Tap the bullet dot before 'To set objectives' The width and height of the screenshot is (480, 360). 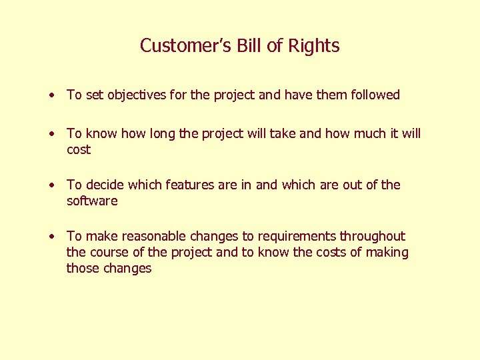tap(51, 95)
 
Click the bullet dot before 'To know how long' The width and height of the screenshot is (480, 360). tap(51, 134)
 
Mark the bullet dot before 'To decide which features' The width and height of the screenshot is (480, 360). tap(51, 185)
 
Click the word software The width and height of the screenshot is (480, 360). tap(92, 201)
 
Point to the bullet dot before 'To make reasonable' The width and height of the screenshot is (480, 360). tap(51, 237)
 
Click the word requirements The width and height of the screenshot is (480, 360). tap(297, 237)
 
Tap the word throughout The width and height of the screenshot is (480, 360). tap(373, 236)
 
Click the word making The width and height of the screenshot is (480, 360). tap(391, 253)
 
